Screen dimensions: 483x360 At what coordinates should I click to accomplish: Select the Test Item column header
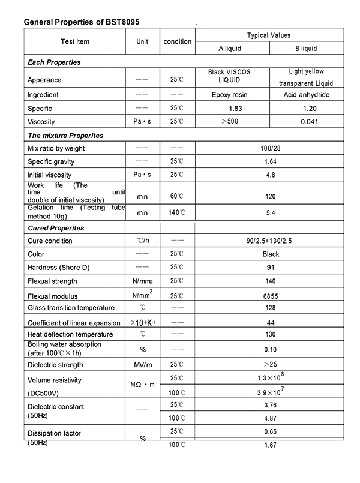click(75, 41)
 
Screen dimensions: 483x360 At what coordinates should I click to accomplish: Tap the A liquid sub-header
click(229, 48)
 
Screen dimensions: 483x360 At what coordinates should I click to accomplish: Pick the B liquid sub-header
click(306, 48)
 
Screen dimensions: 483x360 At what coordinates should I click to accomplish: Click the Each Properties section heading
click(55, 62)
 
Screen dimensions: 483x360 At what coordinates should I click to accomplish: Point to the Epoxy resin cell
click(229, 95)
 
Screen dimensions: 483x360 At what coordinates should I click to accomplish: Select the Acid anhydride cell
click(306, 95)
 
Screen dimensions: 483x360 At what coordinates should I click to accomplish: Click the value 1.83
click(229, 109)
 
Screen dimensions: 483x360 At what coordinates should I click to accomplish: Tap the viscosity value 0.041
click(306, 122)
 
